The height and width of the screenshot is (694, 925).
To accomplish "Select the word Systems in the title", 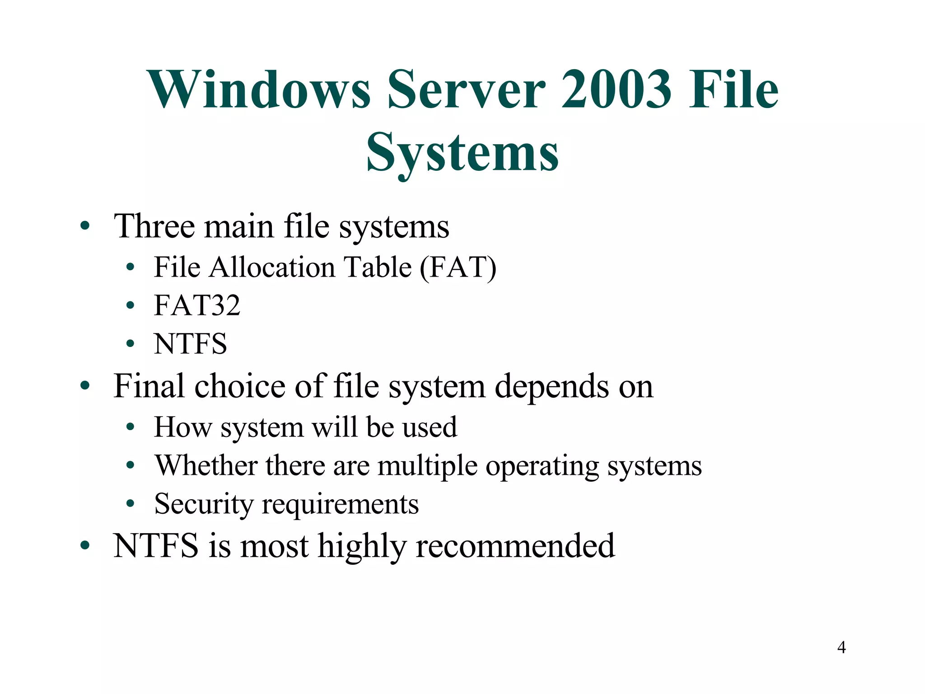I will click(462, 154).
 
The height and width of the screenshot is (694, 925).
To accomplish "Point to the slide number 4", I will click(841, 647).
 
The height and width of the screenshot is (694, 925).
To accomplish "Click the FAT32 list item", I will click(197, 305).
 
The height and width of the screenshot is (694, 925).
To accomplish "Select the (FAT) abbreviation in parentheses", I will click(458, 267).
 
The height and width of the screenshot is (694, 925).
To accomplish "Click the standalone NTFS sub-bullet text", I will click(190, 344).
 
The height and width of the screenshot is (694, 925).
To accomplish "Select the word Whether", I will click(206, 465).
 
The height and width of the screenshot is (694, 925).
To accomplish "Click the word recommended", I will click(515, 546).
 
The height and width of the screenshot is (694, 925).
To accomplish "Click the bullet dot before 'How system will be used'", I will click(131, 427).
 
